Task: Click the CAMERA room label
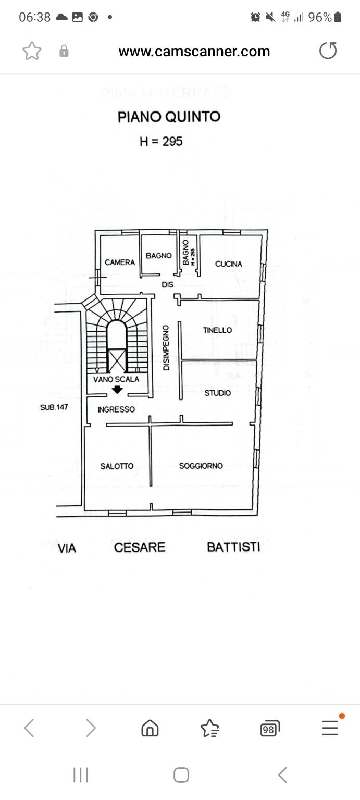(x=120, y=262)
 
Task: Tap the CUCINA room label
(x=229, y=264)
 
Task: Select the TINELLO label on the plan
(x=217, y=330)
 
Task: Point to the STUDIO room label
(x=217, y=393)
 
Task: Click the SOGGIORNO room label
(x=201, y=466)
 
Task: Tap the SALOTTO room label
(x=117, y=466)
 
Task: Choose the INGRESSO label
(x=116, y=409)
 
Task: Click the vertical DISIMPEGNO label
(x=166, y=348)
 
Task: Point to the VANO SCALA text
(x=116, y=379)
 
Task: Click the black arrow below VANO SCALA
(x=118, y=389)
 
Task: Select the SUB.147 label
(x=54, y=407)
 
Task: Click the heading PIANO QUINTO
(x=169, y=117)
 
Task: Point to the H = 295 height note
(x=161, y=141)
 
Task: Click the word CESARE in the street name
(x=140, y=547)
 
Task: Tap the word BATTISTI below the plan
(x=233, y=547)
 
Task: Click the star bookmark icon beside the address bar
(x=32, y=51)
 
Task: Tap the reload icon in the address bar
(x=328, y=51)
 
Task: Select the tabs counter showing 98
(x=269, y=729)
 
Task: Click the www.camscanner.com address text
(x=194, y=52)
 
